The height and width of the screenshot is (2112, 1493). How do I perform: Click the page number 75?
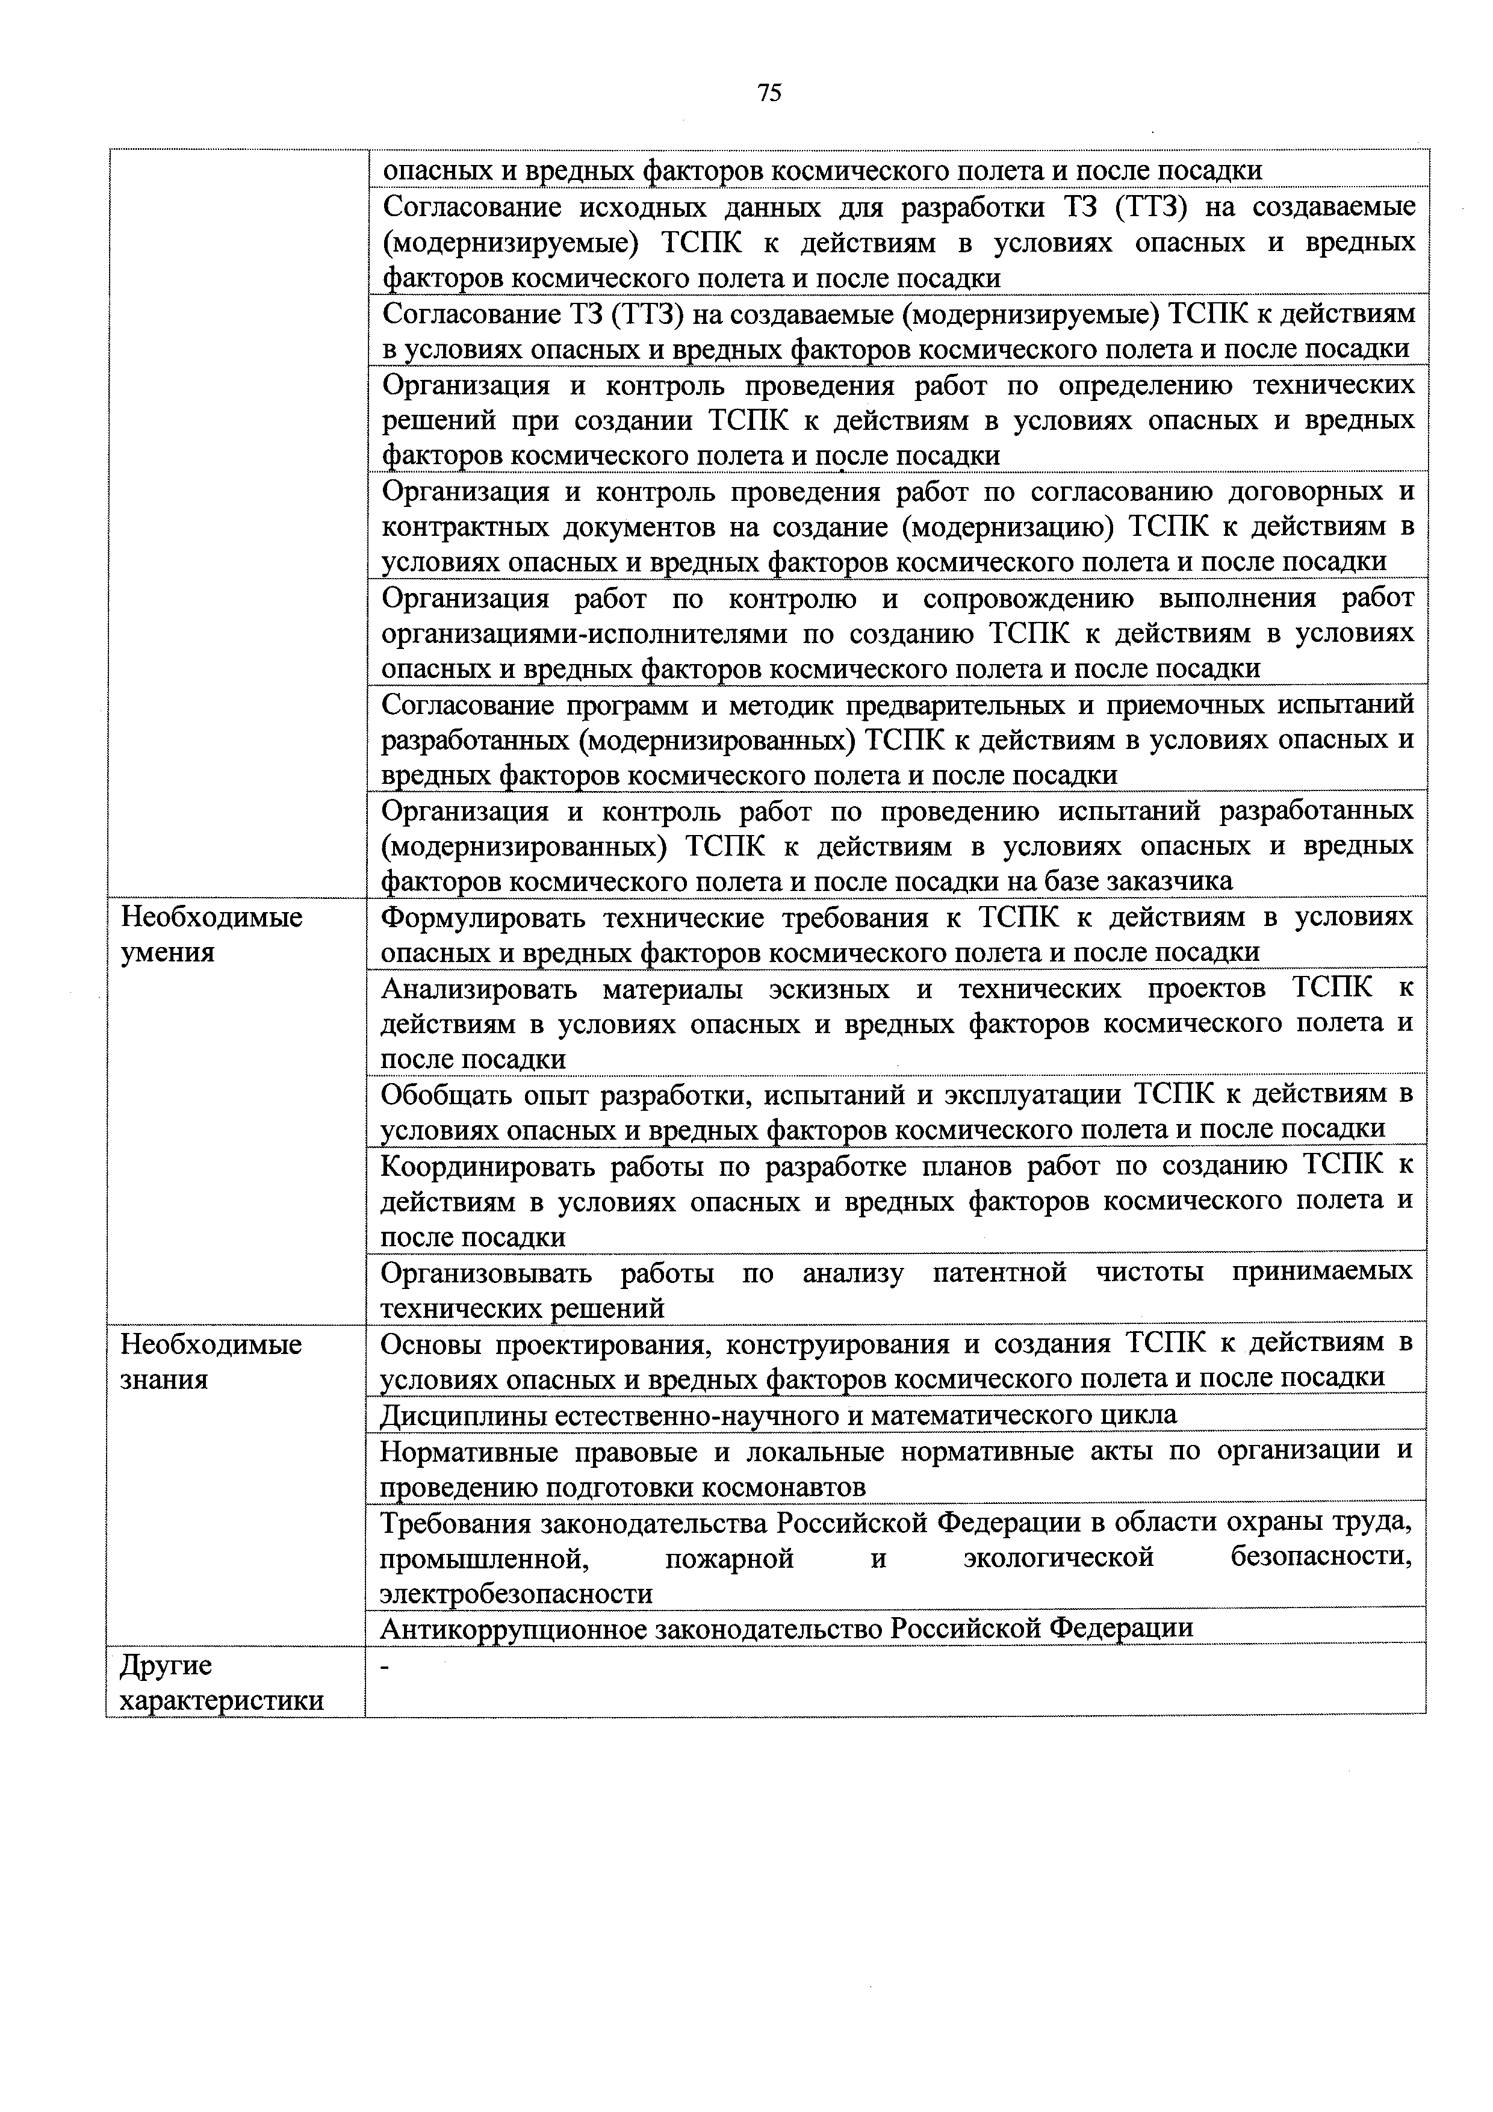point(769,92)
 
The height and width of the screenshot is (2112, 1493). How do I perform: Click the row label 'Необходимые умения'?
point(211,934)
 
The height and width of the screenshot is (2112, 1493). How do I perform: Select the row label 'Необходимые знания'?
point(211,1361)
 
